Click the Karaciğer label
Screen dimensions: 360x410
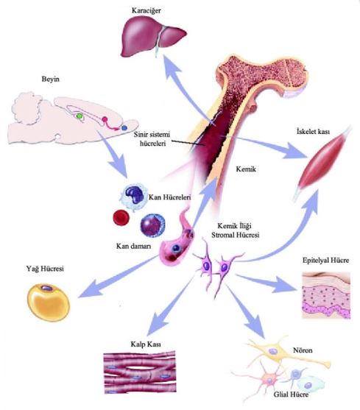pyautogui.click(x=147, y=11)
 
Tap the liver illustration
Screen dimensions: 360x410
pyautogui.click(x=153, y=38)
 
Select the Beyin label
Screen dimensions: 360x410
pyautogui.click(x=51, y=79)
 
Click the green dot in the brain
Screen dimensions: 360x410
pyautogui.click(x=79, y=116)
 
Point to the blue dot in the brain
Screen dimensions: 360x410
pyautogui.click(x=124, y=128)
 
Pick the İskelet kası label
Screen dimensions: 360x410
pyautogui.click(x=313, y=131)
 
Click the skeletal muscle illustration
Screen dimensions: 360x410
pyautogui.click(x=323, y=163)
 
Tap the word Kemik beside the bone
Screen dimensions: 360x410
pyautogui.click(x=246, y=169)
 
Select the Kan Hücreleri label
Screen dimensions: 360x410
pyautogui.click(x=169, y=197)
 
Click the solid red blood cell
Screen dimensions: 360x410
pyautogui.click(x=121, y=218)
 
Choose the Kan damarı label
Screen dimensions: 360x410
pyautogui.click(x=133, y=247)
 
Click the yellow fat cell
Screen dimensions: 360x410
pyautogui.click(x=49, y=302)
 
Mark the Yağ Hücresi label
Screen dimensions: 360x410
pyautogui.click(x=45, y=269)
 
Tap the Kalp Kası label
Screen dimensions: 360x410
pyautogui.click(x=146, y=344)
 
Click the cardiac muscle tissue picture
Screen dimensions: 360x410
pyautogui.click(x=140, y=372)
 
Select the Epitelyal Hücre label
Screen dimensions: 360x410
pyautogui.click(x=325, y=261)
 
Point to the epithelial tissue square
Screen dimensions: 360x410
pyautogui.click(x=326, y=295)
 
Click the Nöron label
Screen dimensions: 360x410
pyautogui.click(x=303, y=350)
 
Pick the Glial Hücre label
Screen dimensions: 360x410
pyautogui.click(x=291, y=395)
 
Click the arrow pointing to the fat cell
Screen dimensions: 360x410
pyautogui.click(x=119, y=278)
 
